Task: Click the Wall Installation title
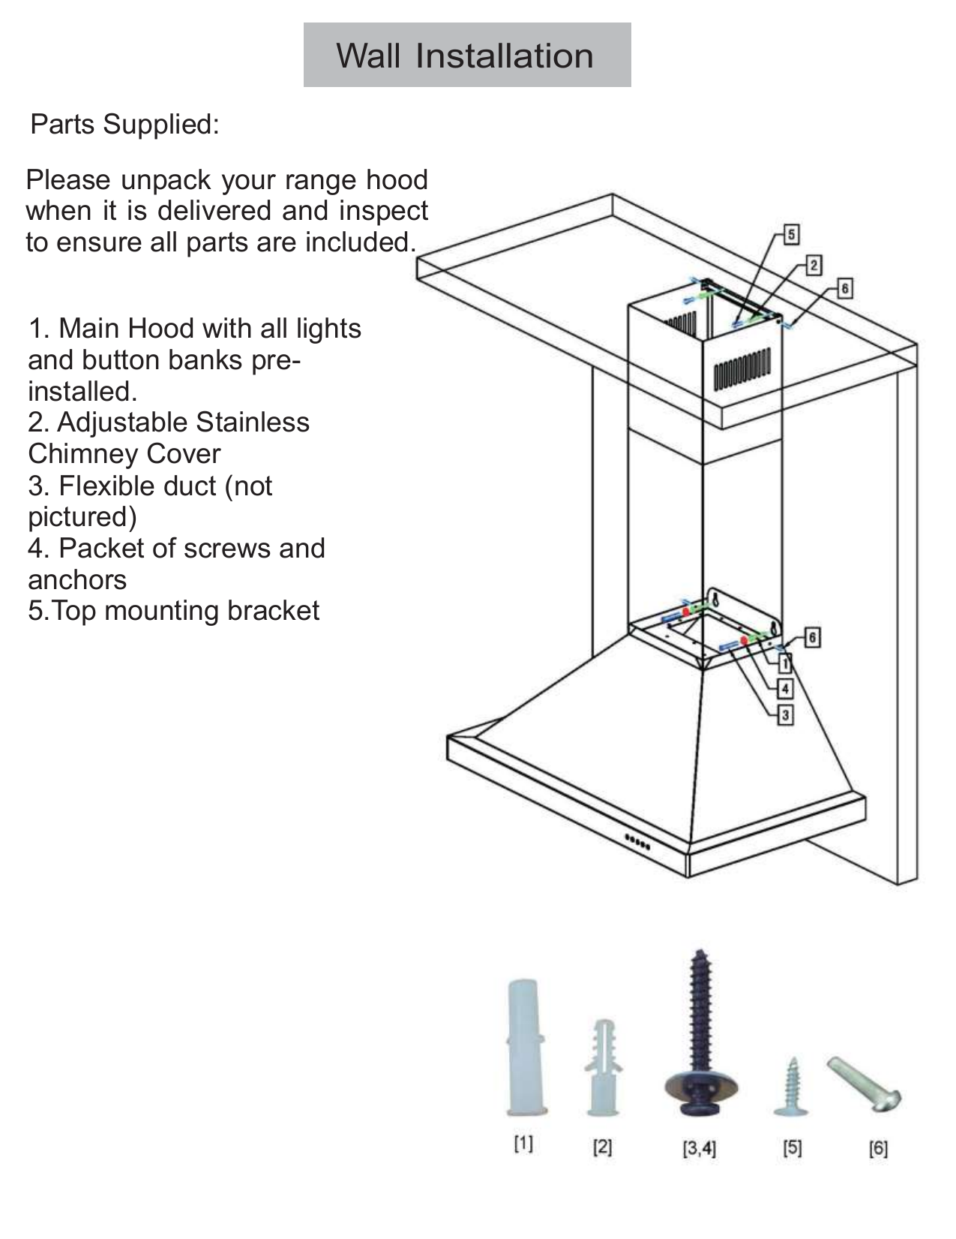pos(466,56)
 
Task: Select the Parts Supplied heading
pos(124,124)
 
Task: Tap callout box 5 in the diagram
pos(791,234)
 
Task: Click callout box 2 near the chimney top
pos(814,264)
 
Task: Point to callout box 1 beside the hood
pos(785,663)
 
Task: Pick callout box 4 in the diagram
pos(785,689)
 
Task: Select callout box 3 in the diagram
pos(785,714)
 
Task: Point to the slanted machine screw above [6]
pos(865,1081)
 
